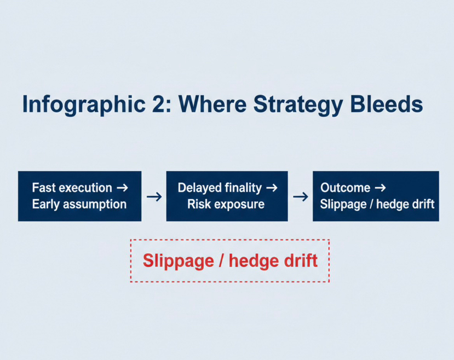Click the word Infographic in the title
(x=84, y=104)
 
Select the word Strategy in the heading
(x=298, y=104)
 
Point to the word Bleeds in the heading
(x=387, y=104)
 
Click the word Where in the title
(x=212, y=104)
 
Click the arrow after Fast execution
(x=122, y=188)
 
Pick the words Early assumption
(x=79, y=205)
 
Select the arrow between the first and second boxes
(x=154, y=197)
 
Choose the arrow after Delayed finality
(x=272, y=188)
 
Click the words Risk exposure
(x=226, y=205)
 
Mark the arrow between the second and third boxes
(x=301, y=197)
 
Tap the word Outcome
(x=346, y=188)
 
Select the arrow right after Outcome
(x=380, y=188)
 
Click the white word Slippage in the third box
(x=343, y=205)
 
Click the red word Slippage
(x=179, y=261)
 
